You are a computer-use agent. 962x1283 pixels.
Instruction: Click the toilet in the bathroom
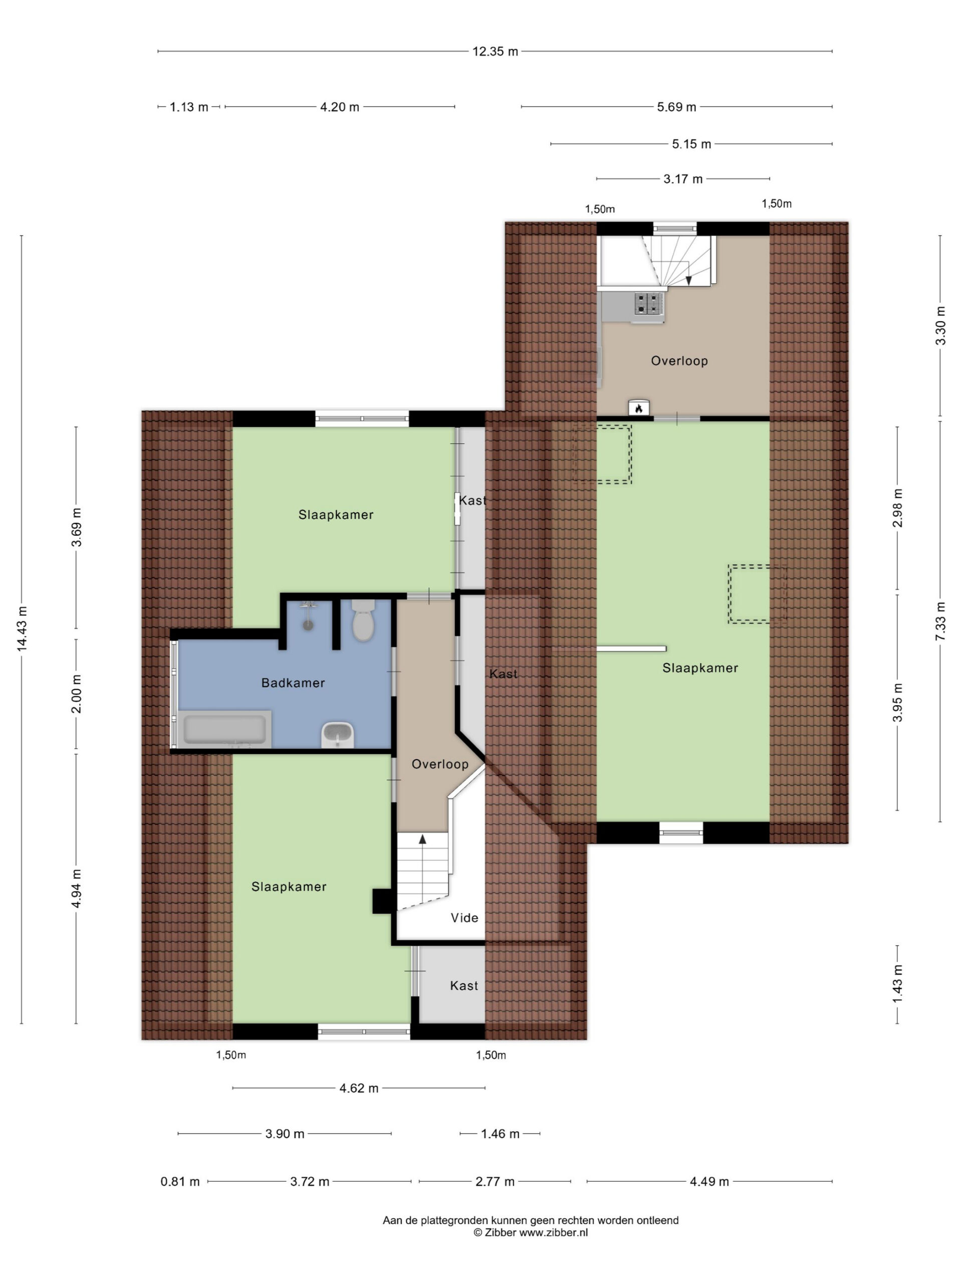click(x=363, y=620)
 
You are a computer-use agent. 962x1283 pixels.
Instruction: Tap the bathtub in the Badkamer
click(x=225, y=729)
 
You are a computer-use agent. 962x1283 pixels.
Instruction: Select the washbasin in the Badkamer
click(x=338, y=734)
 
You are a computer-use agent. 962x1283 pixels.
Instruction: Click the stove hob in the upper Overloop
click(x=648, y=304)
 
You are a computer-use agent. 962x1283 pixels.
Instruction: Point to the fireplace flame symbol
click(x=638, y=408)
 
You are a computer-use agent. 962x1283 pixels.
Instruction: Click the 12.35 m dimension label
click(x=495, y=52)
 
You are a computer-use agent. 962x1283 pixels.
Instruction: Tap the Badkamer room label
click(x=293, y=683)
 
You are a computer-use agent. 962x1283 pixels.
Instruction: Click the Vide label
click(x=464, y=918)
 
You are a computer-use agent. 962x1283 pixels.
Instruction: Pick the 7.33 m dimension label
click(x=940, y=621)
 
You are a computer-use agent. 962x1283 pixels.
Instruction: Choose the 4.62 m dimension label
click(x=359, y=1088)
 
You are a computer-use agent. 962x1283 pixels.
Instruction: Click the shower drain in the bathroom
click(x=309, y=626)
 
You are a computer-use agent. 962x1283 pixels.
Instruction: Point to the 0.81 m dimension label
click(x=180, y=1181)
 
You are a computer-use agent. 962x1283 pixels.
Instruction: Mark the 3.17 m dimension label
click(x=683, y=178)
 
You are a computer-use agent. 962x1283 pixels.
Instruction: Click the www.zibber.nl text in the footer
click(x=553, y=1232)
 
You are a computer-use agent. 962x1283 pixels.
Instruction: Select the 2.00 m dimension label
click(x=77, y=694)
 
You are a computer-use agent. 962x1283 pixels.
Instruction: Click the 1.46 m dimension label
click(x=500, y=1133)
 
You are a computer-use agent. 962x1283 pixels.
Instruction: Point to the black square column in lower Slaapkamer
click(x=383, y=901)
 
